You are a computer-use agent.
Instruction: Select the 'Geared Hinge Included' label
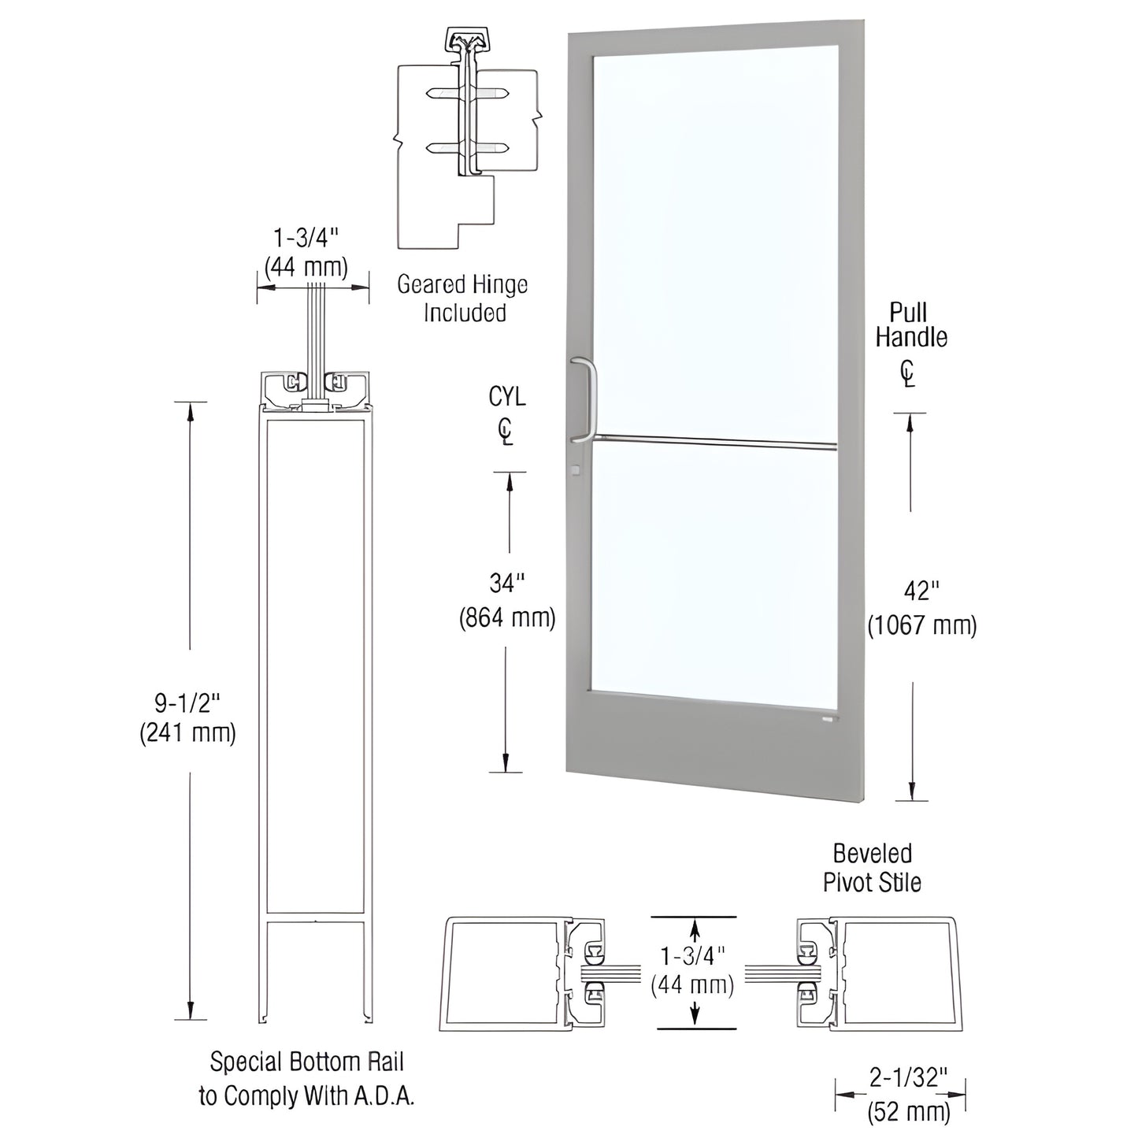pos(462,298)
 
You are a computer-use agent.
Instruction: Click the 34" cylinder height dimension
pos(507,584)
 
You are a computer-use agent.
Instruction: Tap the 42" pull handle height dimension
pos(921,591)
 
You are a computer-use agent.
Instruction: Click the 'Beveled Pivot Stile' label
pos(872,868)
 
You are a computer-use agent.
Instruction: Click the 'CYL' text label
pos(507,396)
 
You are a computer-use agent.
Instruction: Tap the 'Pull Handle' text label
pos(910,324)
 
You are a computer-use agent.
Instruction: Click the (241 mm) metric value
pos(187,733)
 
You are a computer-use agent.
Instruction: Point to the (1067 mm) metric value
pos(921,625)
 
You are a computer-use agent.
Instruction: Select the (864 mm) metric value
pos(507,618)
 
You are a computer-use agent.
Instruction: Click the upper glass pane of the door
pos(713,236)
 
